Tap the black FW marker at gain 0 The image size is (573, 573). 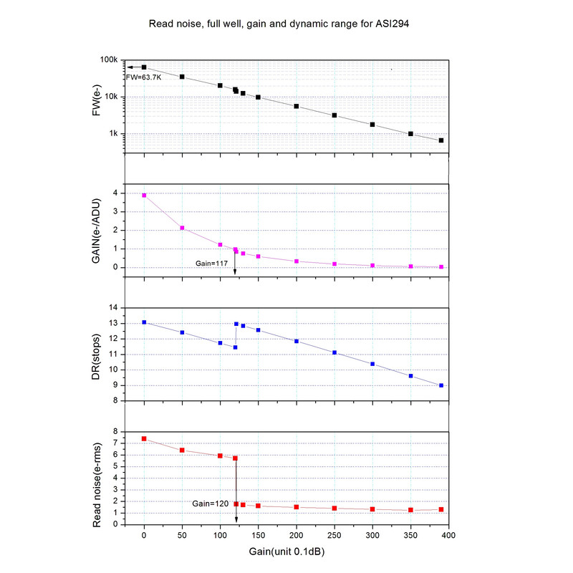click(x=144, y=67)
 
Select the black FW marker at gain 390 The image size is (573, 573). click(x=441, y=140)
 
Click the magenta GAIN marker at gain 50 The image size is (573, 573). click(x=182, y=228)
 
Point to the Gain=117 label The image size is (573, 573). click(x=212, y=264)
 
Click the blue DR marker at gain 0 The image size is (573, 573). click(x=144, y=322)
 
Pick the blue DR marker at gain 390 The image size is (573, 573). click(x=441, y=385)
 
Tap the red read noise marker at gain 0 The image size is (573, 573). click(x=144, y=438)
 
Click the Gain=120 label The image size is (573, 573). click(x=211, y=504)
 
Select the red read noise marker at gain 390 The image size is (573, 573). click(x=441, y=509)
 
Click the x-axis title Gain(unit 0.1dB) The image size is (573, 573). click(x=287, y=552)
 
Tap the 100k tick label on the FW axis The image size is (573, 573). click(x=107, y=60)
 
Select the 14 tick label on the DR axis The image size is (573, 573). click(x=112, y=308)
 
